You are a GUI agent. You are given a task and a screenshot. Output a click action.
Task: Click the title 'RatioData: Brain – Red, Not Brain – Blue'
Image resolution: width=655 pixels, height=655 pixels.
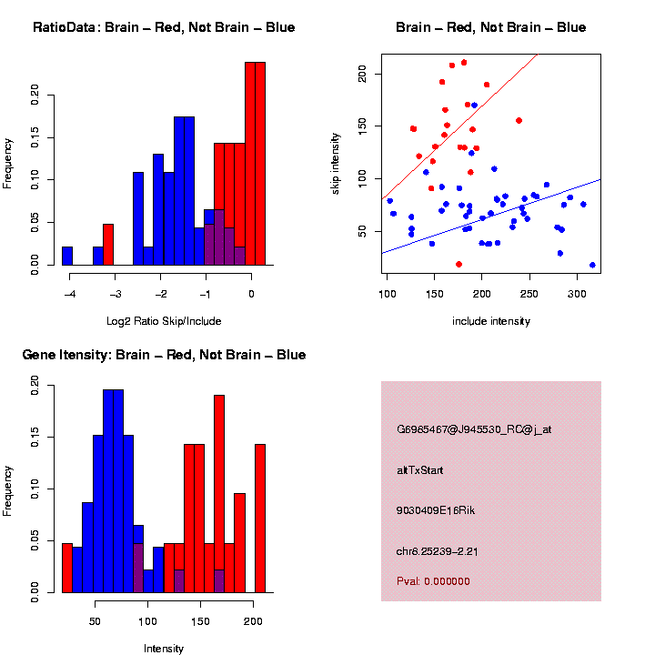point(164,27)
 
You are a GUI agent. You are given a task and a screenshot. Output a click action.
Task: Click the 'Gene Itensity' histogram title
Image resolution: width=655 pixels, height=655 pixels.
point(164,355)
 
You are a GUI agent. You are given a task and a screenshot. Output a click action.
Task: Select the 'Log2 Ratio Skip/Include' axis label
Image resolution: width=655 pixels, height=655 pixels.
point(163,321)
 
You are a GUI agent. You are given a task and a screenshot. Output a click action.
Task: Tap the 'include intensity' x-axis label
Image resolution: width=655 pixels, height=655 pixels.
point(491,321)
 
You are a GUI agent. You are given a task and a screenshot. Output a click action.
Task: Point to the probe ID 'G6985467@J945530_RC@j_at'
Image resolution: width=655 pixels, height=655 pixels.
point(474,428)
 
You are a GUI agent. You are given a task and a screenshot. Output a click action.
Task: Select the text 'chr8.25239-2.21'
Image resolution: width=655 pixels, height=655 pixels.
point(445,551)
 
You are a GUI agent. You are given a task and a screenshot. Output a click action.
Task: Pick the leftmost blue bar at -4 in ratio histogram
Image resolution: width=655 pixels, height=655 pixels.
point(67,256)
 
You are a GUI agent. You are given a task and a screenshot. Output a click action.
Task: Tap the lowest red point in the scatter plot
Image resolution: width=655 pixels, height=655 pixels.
point(459,264)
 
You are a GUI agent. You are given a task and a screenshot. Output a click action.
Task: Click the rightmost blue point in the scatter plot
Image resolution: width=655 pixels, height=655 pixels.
point(592,265)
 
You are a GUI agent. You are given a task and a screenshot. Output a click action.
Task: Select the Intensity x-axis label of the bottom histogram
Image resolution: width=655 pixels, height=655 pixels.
point(164,649)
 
